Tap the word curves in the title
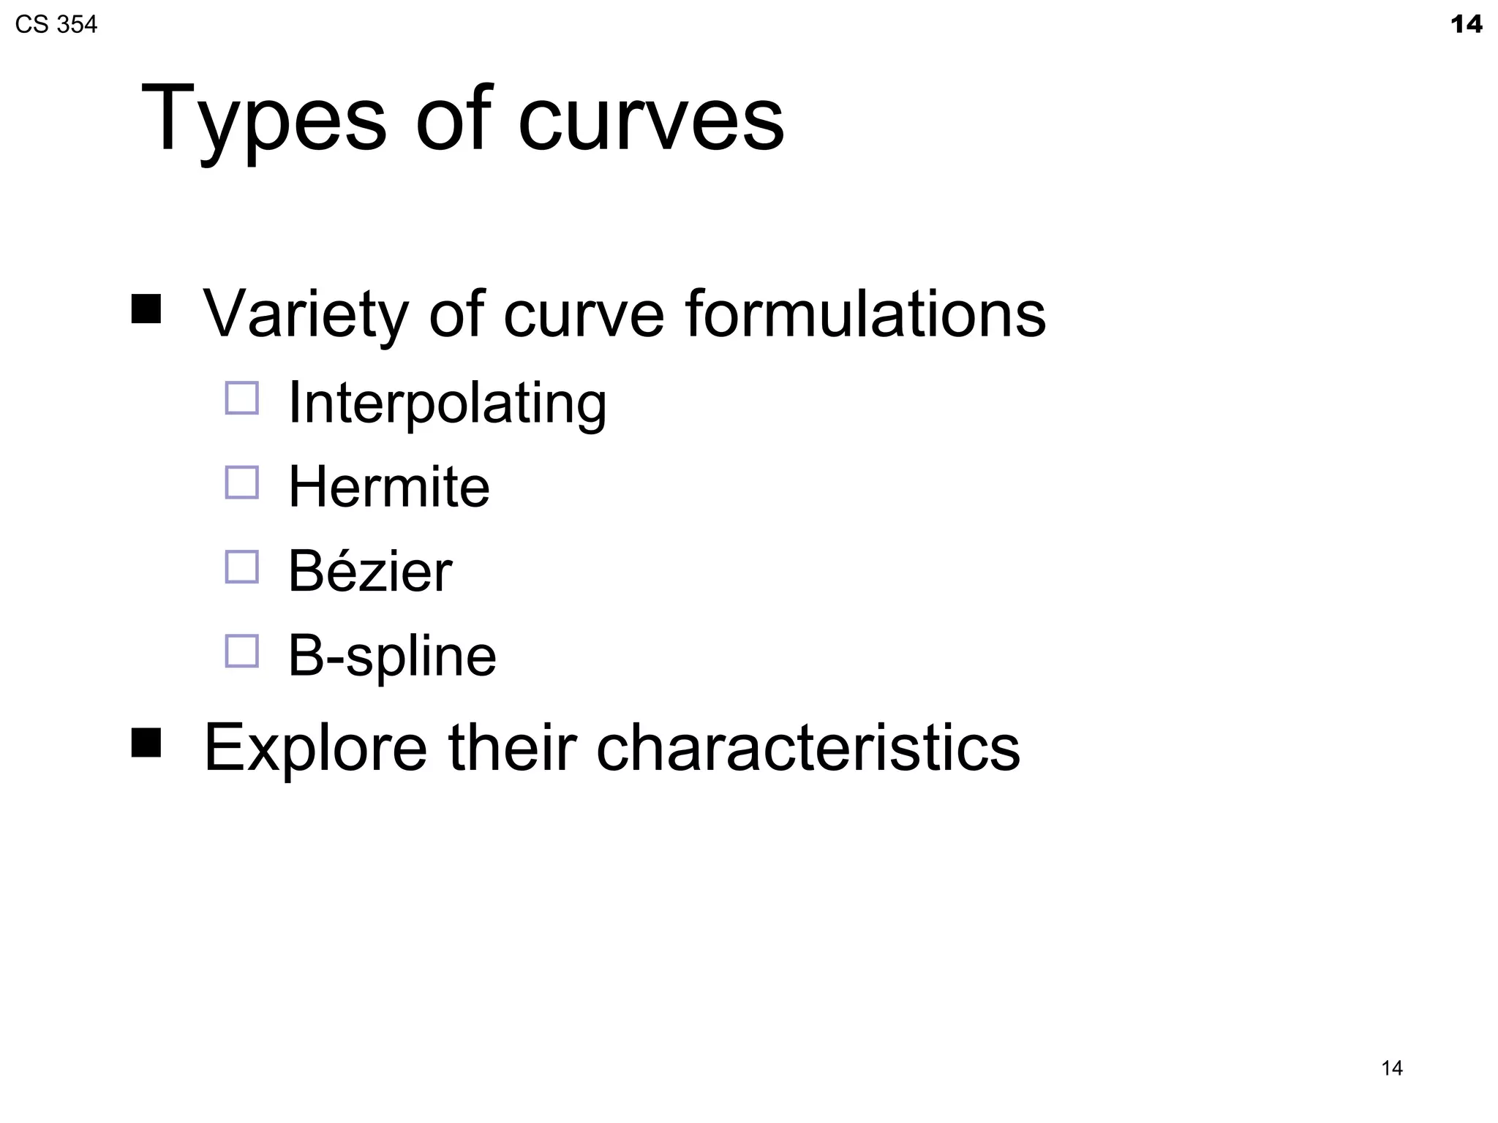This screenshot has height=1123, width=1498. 651,121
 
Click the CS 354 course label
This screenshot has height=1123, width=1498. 56,25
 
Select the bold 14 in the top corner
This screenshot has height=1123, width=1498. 1466,25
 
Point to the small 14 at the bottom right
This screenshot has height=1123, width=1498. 1391,1068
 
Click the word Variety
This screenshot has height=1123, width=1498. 305,314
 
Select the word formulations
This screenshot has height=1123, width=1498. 865,314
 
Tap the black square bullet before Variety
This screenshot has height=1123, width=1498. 146,309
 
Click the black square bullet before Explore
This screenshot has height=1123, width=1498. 146,743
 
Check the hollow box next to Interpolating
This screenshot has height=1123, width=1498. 242,398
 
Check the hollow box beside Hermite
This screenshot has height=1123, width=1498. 242,483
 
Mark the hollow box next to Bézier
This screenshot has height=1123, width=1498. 242,567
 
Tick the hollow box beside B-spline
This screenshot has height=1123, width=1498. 242,651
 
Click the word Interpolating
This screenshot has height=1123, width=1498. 447,404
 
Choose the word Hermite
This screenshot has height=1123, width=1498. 388,487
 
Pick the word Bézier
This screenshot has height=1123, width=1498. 369,571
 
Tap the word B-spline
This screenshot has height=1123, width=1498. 392,656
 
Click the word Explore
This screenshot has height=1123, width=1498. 315,749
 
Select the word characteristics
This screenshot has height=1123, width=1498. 808,747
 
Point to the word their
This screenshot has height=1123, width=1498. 512,747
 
